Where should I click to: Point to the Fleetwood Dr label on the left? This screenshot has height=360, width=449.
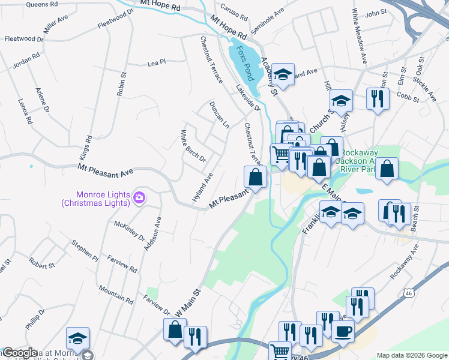[x=24, y=38]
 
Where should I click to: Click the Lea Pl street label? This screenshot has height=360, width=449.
[x=156, y=62]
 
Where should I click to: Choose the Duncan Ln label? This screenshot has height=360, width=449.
[x=219, y=115]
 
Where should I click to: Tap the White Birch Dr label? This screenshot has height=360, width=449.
[x=194, y=146]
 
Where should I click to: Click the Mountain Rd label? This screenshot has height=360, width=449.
[x=116, y=293]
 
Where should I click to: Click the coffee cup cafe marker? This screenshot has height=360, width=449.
[x=343, y=331]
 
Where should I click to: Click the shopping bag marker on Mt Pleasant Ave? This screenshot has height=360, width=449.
[x=255, y=176]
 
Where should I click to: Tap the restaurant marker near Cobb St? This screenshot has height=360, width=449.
[x=378, y=98]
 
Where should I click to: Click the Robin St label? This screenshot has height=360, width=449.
[x=122, y=84]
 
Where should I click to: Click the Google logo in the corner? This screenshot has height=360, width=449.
[x=19, y=353]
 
